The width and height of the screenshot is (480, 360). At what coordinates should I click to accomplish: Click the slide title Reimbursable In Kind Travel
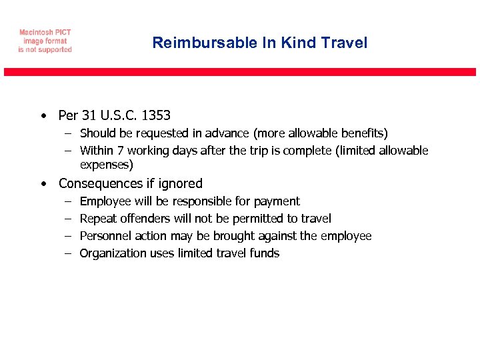tap(259, 43)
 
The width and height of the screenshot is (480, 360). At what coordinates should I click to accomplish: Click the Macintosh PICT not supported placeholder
tap(45, 41)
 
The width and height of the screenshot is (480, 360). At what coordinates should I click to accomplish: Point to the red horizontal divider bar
tap(240, 72)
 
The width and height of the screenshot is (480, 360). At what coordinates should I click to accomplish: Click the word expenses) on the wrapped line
tap(107, 165)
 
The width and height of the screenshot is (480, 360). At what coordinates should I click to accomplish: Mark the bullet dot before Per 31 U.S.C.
tap(43, 116)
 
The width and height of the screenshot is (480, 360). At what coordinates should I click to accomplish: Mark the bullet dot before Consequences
tap(43, 184)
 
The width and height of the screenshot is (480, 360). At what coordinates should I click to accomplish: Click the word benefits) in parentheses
tap(365, 134)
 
